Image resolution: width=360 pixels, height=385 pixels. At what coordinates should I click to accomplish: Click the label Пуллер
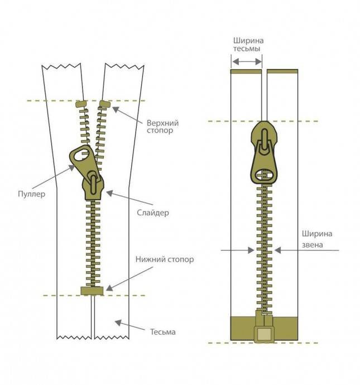(x=31, y=194)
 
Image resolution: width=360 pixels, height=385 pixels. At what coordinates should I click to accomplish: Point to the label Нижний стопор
(x=164, y=259)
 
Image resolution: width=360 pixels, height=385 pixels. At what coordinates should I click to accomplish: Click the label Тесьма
(x=162, y=331)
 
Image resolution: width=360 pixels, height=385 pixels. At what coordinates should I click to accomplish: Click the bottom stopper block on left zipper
(x=92, y=290)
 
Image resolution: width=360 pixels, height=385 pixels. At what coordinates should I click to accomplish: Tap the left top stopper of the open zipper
(x=79, y=104)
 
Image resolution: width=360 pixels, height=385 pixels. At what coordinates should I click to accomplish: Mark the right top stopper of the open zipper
(x=105, y=103)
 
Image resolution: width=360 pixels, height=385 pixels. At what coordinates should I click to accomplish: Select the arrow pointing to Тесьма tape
(x=128, y=325)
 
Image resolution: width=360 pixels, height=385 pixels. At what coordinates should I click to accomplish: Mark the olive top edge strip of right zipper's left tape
(x=247, y=71)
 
